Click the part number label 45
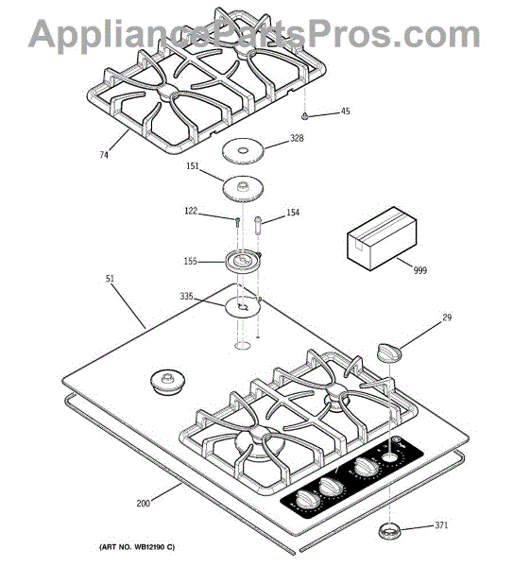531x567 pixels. point(346,111)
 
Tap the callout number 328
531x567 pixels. point(297,138)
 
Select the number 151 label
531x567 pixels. point(193,165)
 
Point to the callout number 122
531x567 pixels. point(191,211)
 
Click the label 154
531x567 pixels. point(293,213)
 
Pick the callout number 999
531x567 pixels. point(420,270)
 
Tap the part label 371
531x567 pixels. point(441,525)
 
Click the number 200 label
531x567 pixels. point(143,503)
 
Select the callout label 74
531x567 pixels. point(104,155)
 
